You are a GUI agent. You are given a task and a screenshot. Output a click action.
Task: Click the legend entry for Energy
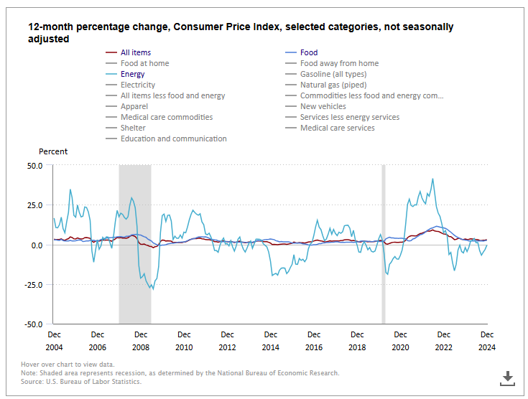coord(132,74)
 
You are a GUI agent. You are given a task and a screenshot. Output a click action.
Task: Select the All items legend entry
coord(135,52)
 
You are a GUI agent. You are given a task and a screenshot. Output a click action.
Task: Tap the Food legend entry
coord(308,52)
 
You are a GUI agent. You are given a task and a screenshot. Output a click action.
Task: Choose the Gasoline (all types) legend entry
coord(333,74)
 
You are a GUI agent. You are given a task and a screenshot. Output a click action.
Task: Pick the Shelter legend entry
coord(133,128)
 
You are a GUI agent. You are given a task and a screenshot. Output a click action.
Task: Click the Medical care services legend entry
coord(337,128)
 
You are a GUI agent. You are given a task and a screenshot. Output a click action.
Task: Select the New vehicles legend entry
coord(323,106)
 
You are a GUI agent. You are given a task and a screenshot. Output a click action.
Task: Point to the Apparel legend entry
coord(134,106)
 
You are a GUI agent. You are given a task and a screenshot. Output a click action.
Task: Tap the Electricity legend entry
coord(137,85)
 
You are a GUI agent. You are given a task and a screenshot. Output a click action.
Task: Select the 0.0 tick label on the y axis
coord(36,245)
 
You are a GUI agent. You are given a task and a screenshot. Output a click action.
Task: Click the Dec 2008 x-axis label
coord(141,340)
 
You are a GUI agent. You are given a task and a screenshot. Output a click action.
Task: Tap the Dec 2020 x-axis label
coord(400,340)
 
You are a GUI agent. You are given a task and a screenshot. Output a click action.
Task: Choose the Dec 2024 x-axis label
coord(487,340)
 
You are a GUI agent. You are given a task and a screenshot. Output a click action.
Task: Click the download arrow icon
coord(507,377)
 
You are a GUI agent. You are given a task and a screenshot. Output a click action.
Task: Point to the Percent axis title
coord(53,151)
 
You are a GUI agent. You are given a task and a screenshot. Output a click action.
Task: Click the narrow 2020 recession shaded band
coord(384,244)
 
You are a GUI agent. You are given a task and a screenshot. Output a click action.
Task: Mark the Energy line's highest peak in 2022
coord(432,179)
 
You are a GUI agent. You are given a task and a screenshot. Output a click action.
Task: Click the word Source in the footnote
coord(33,381)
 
